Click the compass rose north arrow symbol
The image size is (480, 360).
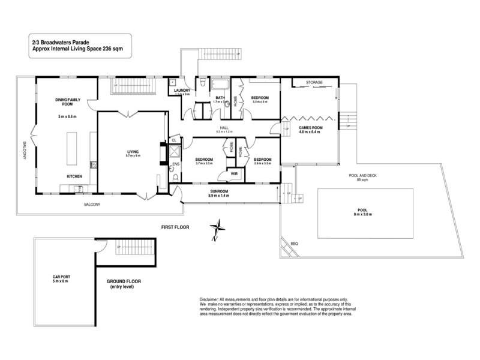click(217, 230)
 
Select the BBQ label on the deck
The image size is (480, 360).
click(294, 243)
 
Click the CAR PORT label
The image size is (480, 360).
click(61, 277)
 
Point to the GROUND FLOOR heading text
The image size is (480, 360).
click(124, 281)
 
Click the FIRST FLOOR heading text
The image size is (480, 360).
click(175, 227)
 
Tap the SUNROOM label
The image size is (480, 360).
click(218, 191)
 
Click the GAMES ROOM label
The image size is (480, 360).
click(311, 128)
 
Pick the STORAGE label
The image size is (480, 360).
click(314, 82)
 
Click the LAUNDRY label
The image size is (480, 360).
click(181, 90)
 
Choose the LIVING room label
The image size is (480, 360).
click(132, 151)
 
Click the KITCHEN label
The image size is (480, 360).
click(74, 176)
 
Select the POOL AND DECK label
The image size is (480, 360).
click(362, 176)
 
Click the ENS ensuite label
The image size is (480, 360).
click(176, 164)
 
